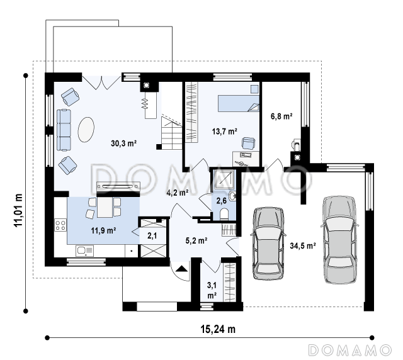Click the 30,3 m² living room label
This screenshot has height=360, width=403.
(x=123, y=143)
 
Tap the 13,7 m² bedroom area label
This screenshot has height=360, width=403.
(x=224, y=132)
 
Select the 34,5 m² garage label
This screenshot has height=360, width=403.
(x=303, y=245)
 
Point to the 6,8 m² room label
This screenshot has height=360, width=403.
(x=281, y=116)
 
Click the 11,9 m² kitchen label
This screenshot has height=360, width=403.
(x=103, y=230)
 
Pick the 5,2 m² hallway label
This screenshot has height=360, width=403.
(x=196, y=240)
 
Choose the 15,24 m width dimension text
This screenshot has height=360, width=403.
(x=218, y=329)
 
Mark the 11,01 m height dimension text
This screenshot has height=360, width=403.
(x=18, y=210)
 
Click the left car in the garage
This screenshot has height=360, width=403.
(x=269, y=243)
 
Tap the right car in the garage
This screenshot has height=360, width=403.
(x=339, y=240)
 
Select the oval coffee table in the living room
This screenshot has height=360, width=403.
(x=86, y=130)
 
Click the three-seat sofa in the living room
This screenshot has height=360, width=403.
(x=64, y=130)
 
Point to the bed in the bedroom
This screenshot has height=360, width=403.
(x=239, y=104)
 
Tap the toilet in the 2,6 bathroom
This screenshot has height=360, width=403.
(x=224, y=214)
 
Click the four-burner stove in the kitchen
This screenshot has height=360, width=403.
(x=60, y=225)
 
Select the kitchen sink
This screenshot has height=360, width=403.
(x=84, y=250)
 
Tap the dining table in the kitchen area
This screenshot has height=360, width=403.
(x=105, y=207)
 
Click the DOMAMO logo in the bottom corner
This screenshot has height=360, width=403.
(x=350, y=350)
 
